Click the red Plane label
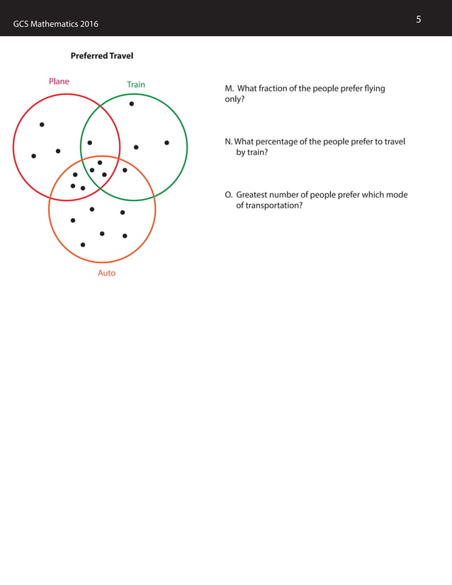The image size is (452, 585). (59, 81)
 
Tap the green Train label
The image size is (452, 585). (136, 85)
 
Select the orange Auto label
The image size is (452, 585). (106, 273)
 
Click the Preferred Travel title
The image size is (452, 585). (102, 56)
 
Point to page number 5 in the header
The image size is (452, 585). (419, 19)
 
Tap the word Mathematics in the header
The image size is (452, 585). (52, 25)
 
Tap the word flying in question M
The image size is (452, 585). (373, 89)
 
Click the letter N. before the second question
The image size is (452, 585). (228, 142)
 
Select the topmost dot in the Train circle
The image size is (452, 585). (132, 104)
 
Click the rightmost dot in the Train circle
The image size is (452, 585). (166, 143)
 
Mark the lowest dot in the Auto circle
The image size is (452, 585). (83, 244)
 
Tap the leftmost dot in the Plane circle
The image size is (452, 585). (33, 156)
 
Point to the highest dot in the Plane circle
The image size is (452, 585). (42, 125)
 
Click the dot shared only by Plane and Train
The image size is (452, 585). (89, 143)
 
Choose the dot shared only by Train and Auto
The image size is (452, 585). (125, 170)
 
